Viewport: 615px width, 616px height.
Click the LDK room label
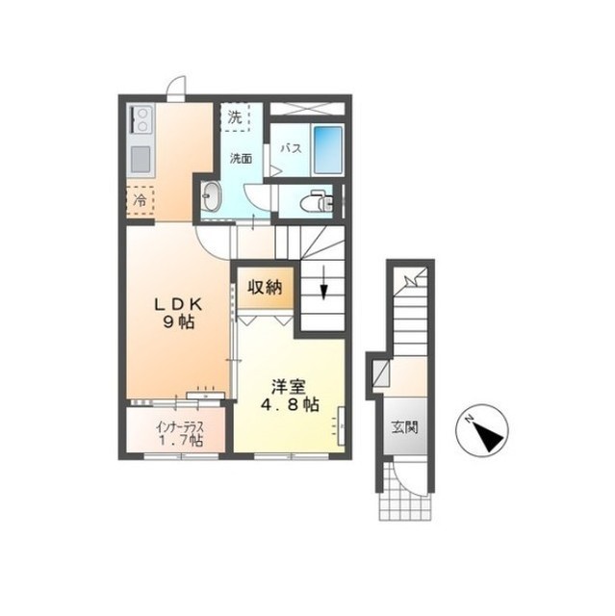pos(178,304)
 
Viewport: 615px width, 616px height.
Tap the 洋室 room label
pos(289,387)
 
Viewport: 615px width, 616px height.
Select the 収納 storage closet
pos(265,289)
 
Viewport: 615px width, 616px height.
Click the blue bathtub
pos(327,150)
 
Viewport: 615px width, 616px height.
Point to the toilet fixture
pos(317,201)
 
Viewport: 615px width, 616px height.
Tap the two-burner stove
pos(141,119)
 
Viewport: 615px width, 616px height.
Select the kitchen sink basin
pos(141,159)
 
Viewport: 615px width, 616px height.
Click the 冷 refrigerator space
pos(140,200)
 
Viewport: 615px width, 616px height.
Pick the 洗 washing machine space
pos(235,117)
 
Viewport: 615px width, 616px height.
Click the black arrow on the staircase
pos(323,282)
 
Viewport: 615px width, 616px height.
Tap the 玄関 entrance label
pos(404,427)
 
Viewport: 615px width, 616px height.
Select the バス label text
pos(291,148)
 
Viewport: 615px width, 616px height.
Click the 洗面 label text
pos(241,158)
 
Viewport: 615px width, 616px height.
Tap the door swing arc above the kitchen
pos(177,79)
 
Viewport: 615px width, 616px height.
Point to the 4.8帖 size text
pos(290,404)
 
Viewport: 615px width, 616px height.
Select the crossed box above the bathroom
pos(307,108)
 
